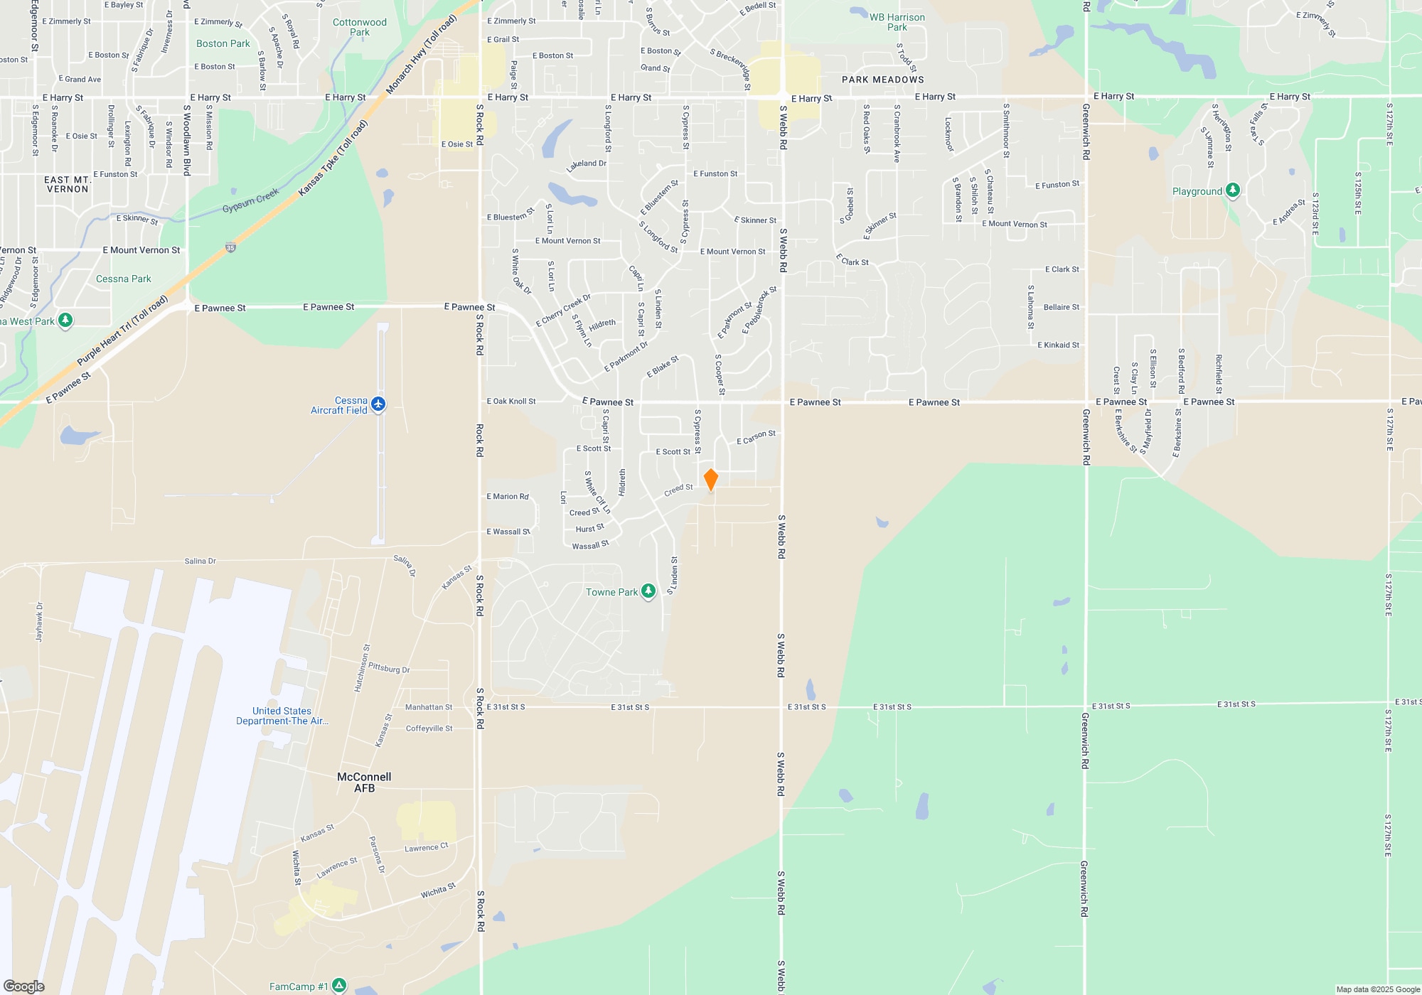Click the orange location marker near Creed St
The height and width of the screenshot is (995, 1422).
pos(710,480)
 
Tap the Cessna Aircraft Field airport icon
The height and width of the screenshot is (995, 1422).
pos(378,404)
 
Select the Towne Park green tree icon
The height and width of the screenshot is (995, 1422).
pos(648,591)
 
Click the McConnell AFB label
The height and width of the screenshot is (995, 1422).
pos(364,782)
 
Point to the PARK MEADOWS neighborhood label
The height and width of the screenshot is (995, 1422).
pos(882,80)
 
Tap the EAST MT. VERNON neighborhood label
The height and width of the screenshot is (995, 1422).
pos(68,184)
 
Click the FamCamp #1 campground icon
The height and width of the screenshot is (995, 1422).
pos(339,986)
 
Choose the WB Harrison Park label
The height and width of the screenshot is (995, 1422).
pos(897,22)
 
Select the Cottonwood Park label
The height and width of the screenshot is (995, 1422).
pos(360,27)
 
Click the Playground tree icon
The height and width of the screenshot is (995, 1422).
pos(1233,190)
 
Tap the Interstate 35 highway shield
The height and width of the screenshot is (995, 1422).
pos(230,248)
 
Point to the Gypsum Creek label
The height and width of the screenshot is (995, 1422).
pos(250,200)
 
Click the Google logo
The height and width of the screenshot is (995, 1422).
pos(24,986)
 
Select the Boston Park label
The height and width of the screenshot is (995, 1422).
pos(223,43)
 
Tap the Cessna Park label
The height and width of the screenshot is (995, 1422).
pos(124,279)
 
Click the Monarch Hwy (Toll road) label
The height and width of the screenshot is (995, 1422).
pos(421,54)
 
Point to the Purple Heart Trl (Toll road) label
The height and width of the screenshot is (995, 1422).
pos(122,330)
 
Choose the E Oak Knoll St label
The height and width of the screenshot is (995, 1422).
pos(511,402)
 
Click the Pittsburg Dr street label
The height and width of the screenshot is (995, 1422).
pos(389,669)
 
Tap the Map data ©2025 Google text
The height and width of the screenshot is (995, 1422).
pos(1377,989)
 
